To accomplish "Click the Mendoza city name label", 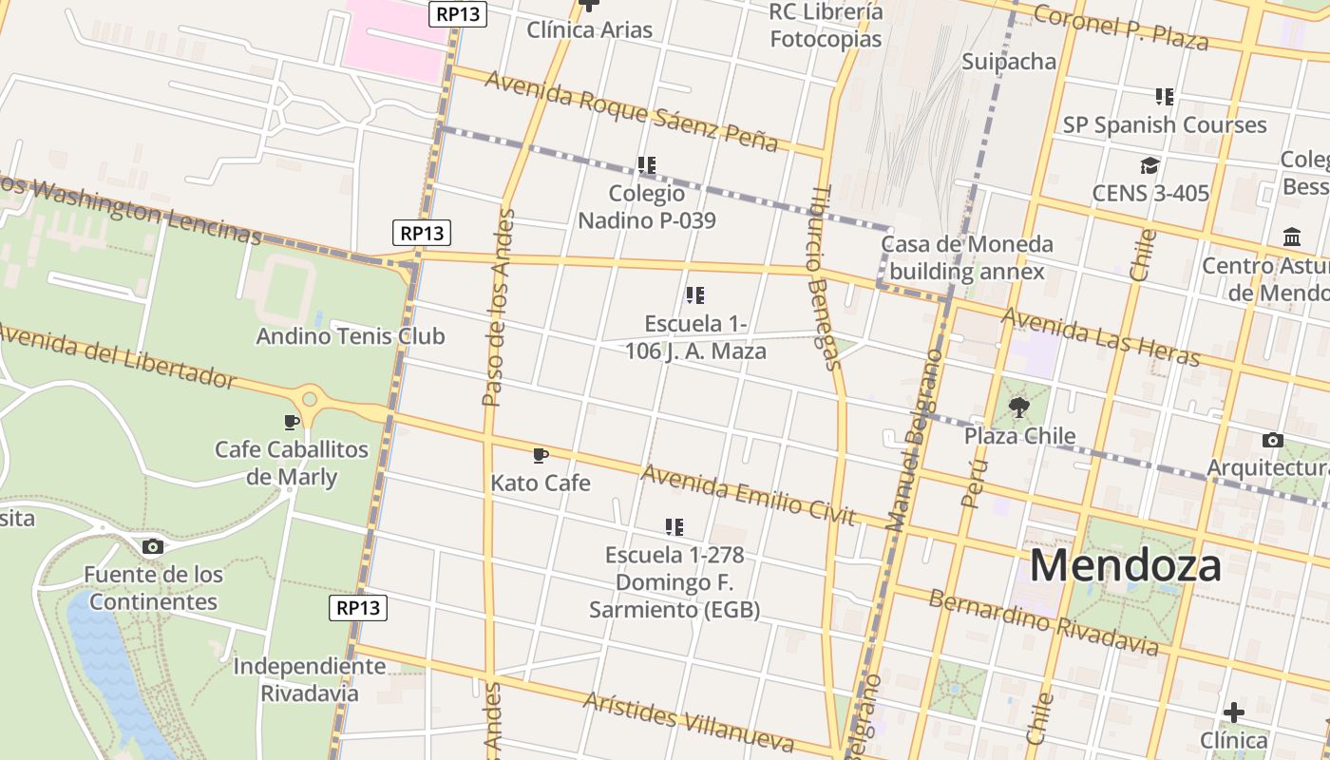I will click(x=1125, y=566).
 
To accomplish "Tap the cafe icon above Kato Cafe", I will click(x=541, y=456).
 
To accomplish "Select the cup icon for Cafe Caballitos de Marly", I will click(x=292, y=422).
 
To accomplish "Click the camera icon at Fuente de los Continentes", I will click(x=152, y=546).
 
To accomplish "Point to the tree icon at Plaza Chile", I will click(x=1019, y=408).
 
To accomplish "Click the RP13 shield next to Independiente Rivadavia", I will click(x=358, y=608).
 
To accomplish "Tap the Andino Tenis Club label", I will click(x=350, y=336).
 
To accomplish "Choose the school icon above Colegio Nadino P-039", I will click(x=647, y=165).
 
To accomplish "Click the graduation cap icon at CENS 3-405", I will click(x=1149, y=166).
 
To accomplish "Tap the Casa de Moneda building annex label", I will click(x=966, y=257).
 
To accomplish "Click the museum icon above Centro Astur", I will click(x=1292, y=237).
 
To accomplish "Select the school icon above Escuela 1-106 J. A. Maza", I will click(x=695, y=295).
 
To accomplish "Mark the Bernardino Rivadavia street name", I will click(x=1043, y=623).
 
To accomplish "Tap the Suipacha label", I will click(x=1009, y=62).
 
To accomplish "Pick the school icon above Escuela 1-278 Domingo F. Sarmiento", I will click(x=674, y=526).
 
